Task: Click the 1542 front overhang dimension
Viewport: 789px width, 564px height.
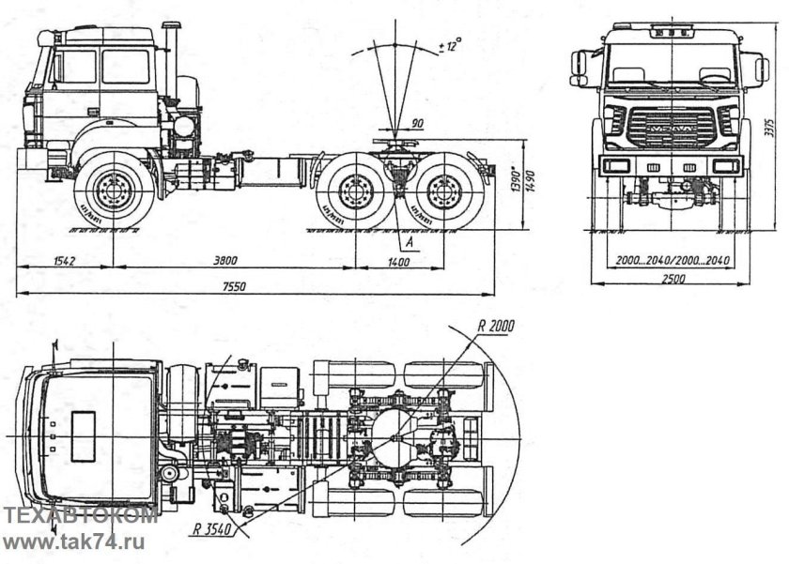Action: (x=65, y=261)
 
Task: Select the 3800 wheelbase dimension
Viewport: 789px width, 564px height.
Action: (x=225, y=261)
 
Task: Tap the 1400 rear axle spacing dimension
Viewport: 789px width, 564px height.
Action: (x=399, y=262)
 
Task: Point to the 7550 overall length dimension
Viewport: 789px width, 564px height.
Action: (x=234, y=286)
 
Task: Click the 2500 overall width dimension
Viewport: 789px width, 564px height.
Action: (x=673, y=279)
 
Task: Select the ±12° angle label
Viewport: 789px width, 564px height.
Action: (x=450, y=45)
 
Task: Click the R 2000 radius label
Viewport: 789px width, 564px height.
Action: (x=496, y=327)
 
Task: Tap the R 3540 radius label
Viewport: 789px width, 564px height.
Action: (x=212, y=529)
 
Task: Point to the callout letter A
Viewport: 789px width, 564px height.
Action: (x=410, y=242)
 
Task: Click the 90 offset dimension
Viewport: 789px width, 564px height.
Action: (x=417, y=123)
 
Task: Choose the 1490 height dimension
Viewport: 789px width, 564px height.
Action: (x=532, y=184)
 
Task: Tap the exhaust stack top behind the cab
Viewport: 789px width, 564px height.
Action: (x=172, y=26)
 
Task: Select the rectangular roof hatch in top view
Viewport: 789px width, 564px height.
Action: (x=83, y=436)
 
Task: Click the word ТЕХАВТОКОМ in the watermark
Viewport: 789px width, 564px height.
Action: (x=80, y=517)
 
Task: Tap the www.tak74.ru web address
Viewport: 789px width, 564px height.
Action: (x=73, y=541)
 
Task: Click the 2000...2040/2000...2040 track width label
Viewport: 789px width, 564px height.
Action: (x=673, y=260)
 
